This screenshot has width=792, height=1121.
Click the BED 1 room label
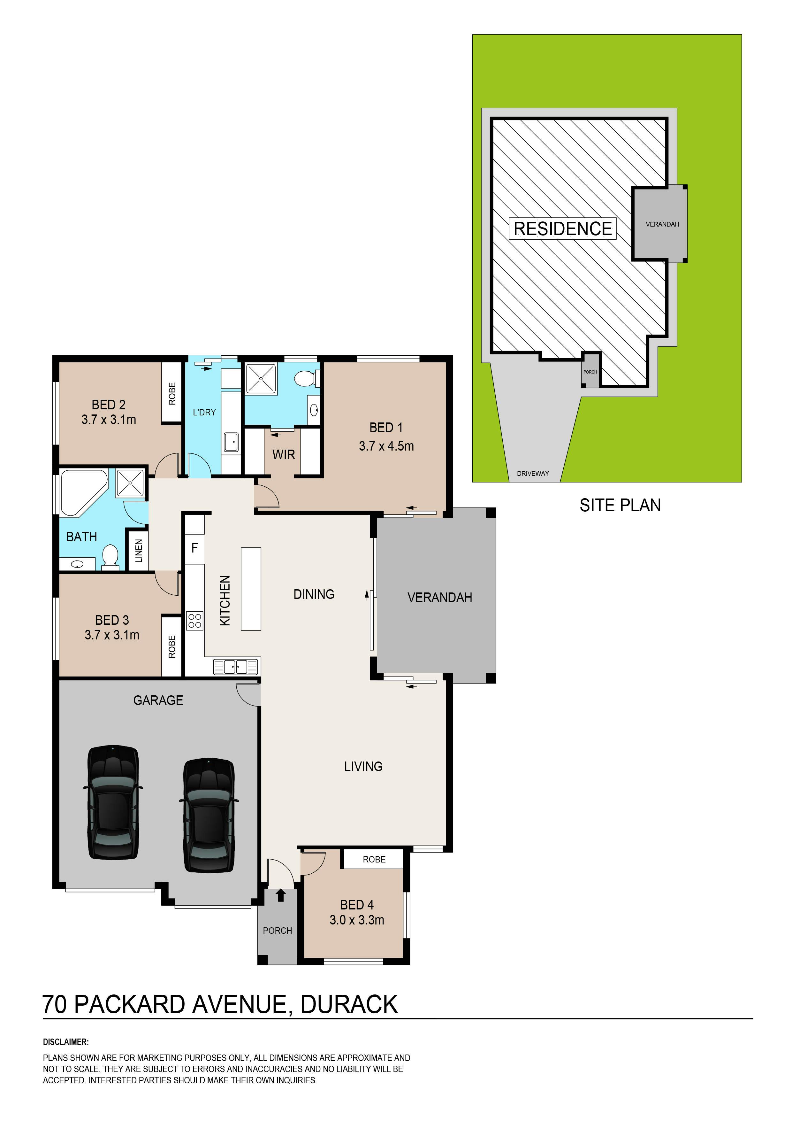point(386,428)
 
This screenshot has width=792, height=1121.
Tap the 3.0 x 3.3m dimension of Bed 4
point(357,920)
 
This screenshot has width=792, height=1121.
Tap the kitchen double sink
point(236,667)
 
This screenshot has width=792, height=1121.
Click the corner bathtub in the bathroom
point(83,492)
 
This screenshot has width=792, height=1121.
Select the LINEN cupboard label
point(139,551)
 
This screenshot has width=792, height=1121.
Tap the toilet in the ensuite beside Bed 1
point(308,378)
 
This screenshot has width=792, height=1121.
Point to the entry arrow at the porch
point(281,895)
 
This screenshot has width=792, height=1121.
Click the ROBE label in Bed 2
point(172,393)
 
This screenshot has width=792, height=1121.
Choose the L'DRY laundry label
point(204,412)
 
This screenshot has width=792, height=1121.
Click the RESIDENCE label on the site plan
point(563,228)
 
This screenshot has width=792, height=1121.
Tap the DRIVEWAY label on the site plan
point(533,473)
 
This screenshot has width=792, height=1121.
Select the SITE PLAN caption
point(620,505)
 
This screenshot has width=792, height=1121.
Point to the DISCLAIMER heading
point(66,1042)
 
